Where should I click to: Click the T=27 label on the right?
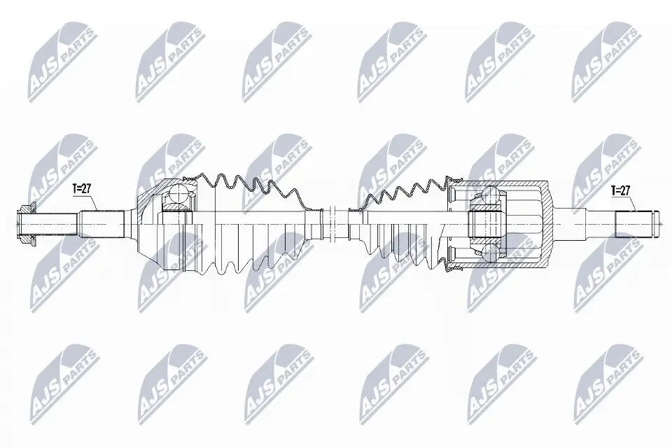point(620,189)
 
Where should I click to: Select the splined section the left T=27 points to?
point(101,223)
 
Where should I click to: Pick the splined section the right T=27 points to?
point(633,223)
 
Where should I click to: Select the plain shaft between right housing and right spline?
point(585,223)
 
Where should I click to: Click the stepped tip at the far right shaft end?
point(657,223)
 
